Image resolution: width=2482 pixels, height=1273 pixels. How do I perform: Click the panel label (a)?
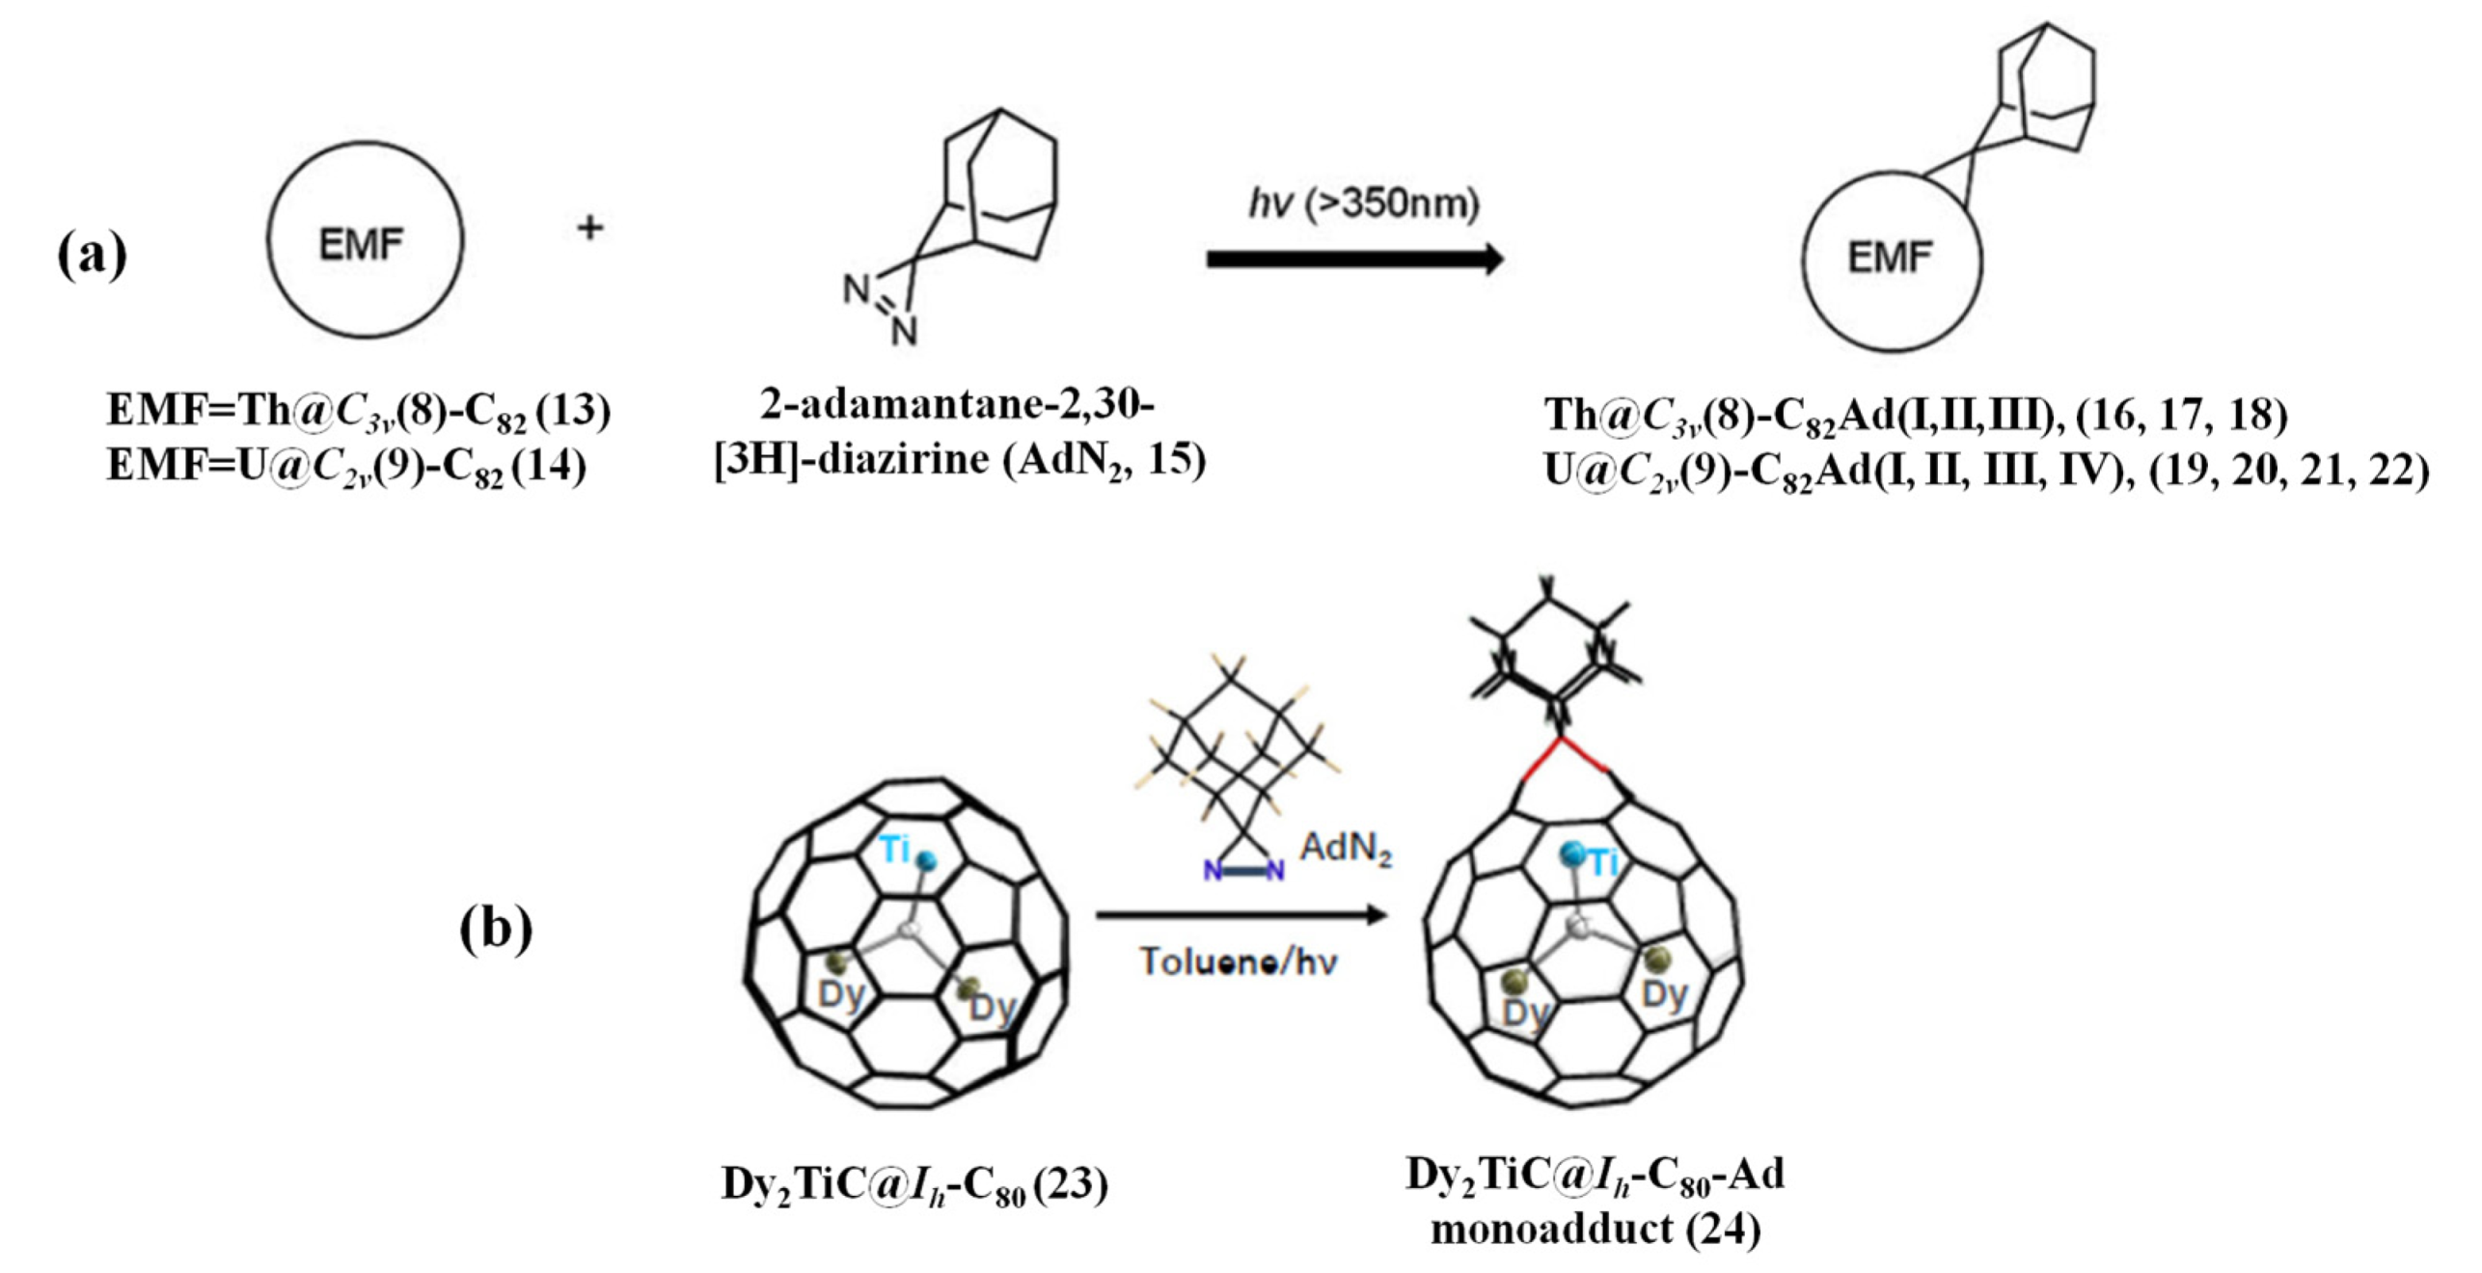tap(92, 255)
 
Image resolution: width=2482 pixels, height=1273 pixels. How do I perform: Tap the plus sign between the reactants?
tap(589, 229)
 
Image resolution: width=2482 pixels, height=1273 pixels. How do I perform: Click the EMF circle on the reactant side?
tap(365, 241)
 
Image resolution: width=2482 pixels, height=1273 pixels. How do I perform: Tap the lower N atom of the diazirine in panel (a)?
tap(904, 332)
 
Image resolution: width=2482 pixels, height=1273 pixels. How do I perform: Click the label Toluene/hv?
tap(1239, 962)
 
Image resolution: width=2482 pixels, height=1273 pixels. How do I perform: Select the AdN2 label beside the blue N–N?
tap(1346, 849)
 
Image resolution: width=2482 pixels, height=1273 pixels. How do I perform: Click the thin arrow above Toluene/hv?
tap(1241, 914)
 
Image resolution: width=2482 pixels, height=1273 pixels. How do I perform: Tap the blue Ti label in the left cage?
tap(895, 849)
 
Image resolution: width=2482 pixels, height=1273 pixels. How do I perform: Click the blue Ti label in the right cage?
tap(1603, 861)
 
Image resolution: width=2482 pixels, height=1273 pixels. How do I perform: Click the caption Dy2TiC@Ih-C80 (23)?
tap(914, 1184)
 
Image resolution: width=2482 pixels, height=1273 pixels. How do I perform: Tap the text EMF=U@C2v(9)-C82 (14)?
tap(346, 467)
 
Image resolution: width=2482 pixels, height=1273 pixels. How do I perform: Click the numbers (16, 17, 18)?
tap(2181, 415)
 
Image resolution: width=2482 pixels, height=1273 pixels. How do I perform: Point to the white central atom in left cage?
tap(910, 929)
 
